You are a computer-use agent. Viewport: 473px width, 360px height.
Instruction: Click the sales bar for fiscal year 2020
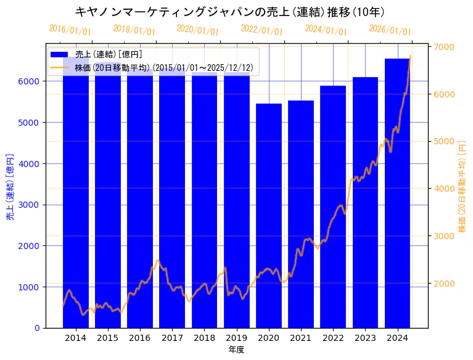[x=269, y=216]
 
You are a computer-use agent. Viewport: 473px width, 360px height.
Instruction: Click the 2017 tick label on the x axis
[x=172, y=338]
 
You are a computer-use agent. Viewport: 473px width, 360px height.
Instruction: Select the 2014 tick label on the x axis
[x=75, y=338]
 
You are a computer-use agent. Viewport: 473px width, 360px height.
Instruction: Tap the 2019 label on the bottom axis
[x=236, y=338]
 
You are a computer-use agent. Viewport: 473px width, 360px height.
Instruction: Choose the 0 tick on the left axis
[x=38, y=328]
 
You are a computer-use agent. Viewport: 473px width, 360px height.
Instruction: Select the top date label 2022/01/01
[x=261, y=31]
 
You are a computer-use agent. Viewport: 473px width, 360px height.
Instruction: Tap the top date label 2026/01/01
[x=390, y=31]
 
